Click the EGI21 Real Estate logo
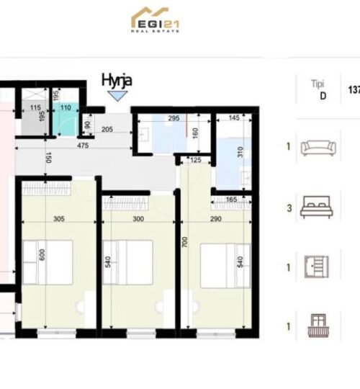coord(156,20)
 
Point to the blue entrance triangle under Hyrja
coord(122,91)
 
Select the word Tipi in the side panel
coord(318,84)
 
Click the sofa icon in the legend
coord(318,148)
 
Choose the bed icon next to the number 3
coord(318,207)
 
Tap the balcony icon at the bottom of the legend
coord(318,326)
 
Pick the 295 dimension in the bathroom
coord(173,117)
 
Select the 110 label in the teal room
coord(66,109)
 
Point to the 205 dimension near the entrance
coord(108,130)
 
